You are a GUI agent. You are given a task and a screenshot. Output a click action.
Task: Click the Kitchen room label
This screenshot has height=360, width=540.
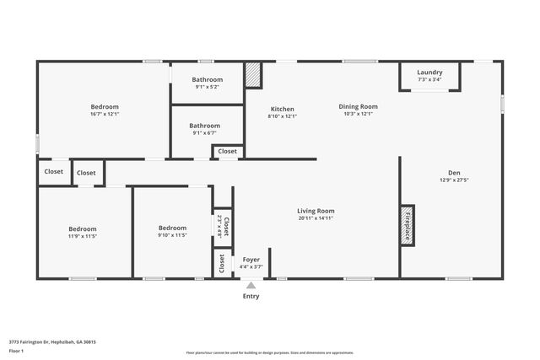click(x=282, y=109)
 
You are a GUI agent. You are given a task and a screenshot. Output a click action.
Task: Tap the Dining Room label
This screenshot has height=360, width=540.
click(x=358, y=106)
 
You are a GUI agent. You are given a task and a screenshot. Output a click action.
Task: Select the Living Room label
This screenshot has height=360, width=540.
click(x=316, y=211)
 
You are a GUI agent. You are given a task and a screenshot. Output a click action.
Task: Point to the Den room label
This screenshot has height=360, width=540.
click(x=453, y=171)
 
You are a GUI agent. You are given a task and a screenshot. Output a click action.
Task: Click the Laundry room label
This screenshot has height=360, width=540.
click(x=429, y=73)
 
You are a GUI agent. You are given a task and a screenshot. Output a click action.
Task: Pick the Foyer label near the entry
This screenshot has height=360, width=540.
click(x=251, y=259)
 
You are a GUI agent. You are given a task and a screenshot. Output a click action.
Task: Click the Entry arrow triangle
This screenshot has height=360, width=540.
click(x=251, y=286)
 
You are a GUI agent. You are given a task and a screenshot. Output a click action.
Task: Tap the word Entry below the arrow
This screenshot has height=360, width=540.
click(x=251, y=296)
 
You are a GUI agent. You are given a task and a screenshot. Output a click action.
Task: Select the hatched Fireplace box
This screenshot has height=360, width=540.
click(x=407, y=225)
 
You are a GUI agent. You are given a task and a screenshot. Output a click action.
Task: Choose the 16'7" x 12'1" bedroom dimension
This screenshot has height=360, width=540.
click(x=105, y=114)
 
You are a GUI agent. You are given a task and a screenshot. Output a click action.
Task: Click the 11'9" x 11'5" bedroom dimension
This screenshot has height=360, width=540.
click(x=82, y=236)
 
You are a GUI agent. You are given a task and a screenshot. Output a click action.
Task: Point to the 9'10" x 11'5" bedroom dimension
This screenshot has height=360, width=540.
click(x=172, y=235)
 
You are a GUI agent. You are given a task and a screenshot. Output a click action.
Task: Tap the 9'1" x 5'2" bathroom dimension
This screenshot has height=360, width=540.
click(x=206, y=87)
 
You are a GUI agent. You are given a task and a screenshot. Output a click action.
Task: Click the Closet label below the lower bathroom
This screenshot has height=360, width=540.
click(x=228, y=152)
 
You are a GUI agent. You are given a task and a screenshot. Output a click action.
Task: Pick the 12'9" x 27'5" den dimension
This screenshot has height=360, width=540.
click(x=453, y=180)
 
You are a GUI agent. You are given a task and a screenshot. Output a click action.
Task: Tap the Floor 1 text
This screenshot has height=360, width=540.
click(x=16, y=350)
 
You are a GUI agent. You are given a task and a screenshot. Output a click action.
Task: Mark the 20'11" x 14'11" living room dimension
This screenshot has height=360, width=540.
click(x=316, y=218)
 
